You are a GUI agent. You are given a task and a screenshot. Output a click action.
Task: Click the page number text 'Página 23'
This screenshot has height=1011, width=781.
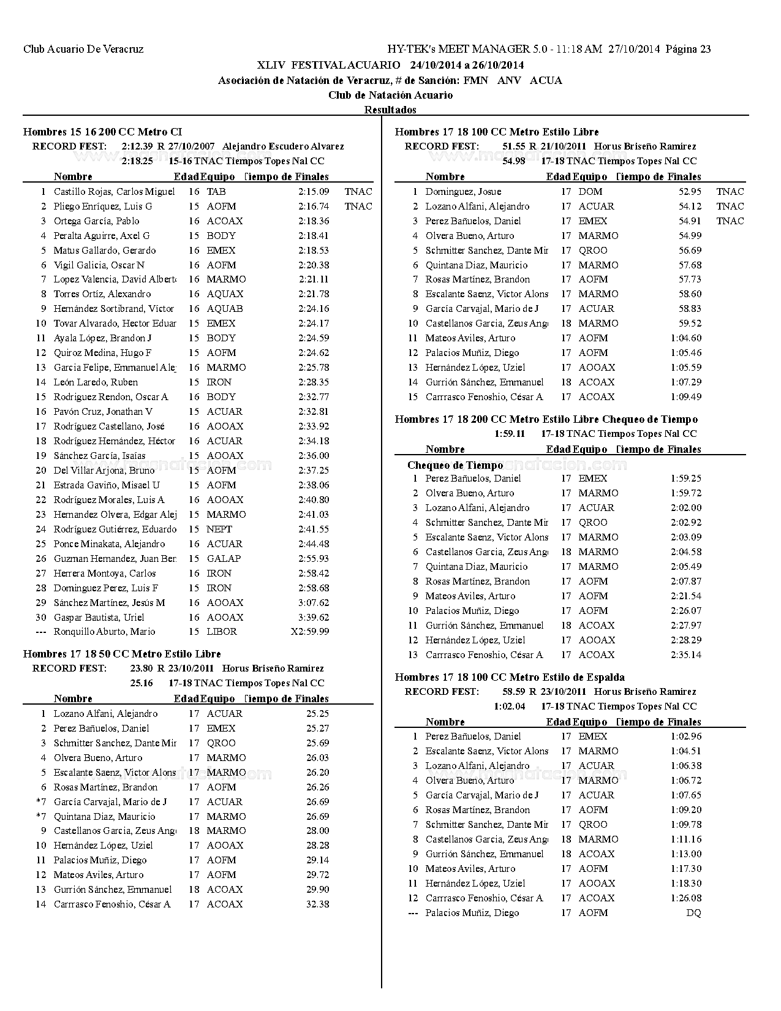coord(688,50)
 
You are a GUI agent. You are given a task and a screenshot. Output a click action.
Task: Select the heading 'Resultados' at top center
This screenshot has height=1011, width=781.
coord(390,110)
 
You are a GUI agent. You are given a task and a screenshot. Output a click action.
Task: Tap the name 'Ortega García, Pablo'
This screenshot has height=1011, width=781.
coord(96,221)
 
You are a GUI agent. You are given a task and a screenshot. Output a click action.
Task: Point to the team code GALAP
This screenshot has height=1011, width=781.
coord(224,559)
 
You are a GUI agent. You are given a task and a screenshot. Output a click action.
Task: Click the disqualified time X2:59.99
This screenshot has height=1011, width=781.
coord(309,632)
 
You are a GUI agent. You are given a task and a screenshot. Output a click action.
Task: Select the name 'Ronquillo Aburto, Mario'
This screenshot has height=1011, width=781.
coord(104,632)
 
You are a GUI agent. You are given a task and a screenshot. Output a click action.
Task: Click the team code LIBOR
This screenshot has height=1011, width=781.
coord(222,632)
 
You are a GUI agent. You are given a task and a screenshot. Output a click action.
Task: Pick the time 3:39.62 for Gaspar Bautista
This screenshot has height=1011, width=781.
coord(314,618)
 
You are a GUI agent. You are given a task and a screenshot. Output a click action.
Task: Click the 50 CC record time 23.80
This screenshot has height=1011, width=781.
coord(141,668)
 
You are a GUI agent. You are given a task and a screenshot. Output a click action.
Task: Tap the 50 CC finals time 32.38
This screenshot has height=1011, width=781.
coord(317,904)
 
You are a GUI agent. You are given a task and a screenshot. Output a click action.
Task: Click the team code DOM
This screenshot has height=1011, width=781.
coord(590,192)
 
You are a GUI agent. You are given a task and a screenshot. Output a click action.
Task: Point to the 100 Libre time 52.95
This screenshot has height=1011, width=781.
coord(690,192)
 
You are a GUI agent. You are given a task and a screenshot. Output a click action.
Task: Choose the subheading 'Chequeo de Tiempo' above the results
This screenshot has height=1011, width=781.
coord(455,465)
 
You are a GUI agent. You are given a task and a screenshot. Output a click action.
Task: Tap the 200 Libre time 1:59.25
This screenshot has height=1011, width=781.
coord(686,479)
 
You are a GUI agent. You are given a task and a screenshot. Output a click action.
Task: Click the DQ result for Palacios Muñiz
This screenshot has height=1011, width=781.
coord(693,913)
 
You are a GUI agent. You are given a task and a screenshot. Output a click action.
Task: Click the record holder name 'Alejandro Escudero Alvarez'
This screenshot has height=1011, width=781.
coord(283,146)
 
